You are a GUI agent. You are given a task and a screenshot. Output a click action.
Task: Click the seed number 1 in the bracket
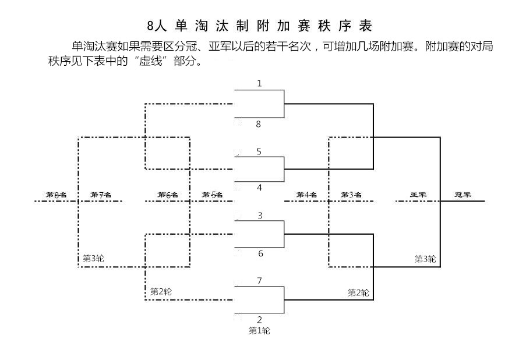(x=259, y=83)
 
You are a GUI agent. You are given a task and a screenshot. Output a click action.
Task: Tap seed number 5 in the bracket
(x=259, y=151)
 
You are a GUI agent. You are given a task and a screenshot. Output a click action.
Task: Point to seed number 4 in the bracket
(x=259, y=188)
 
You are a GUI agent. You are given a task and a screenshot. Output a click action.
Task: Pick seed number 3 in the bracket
(x=260, y=216)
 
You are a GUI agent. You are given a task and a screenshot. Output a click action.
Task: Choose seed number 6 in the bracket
(x=260, y=253)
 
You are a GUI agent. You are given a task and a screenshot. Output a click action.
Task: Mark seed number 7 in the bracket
(x=259, y=281)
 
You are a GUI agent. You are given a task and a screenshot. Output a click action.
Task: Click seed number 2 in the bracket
(x=259, y=319)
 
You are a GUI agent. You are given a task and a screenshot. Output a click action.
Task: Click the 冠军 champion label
(x=463, y=195)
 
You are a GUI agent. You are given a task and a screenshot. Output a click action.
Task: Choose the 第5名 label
(x=212, y=195)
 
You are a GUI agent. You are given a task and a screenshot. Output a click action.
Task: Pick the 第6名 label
(x=167, y=195)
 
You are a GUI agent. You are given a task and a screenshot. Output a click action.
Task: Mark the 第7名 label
(x=100, y=195)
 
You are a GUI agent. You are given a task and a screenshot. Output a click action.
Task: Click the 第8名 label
(x=57, y=195)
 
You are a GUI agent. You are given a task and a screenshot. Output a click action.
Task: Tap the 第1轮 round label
(x=259, y=331)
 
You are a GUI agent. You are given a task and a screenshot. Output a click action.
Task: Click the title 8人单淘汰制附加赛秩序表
(x=259, y=26)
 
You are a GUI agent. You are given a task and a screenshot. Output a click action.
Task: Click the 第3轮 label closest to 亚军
(x=425, y=259)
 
